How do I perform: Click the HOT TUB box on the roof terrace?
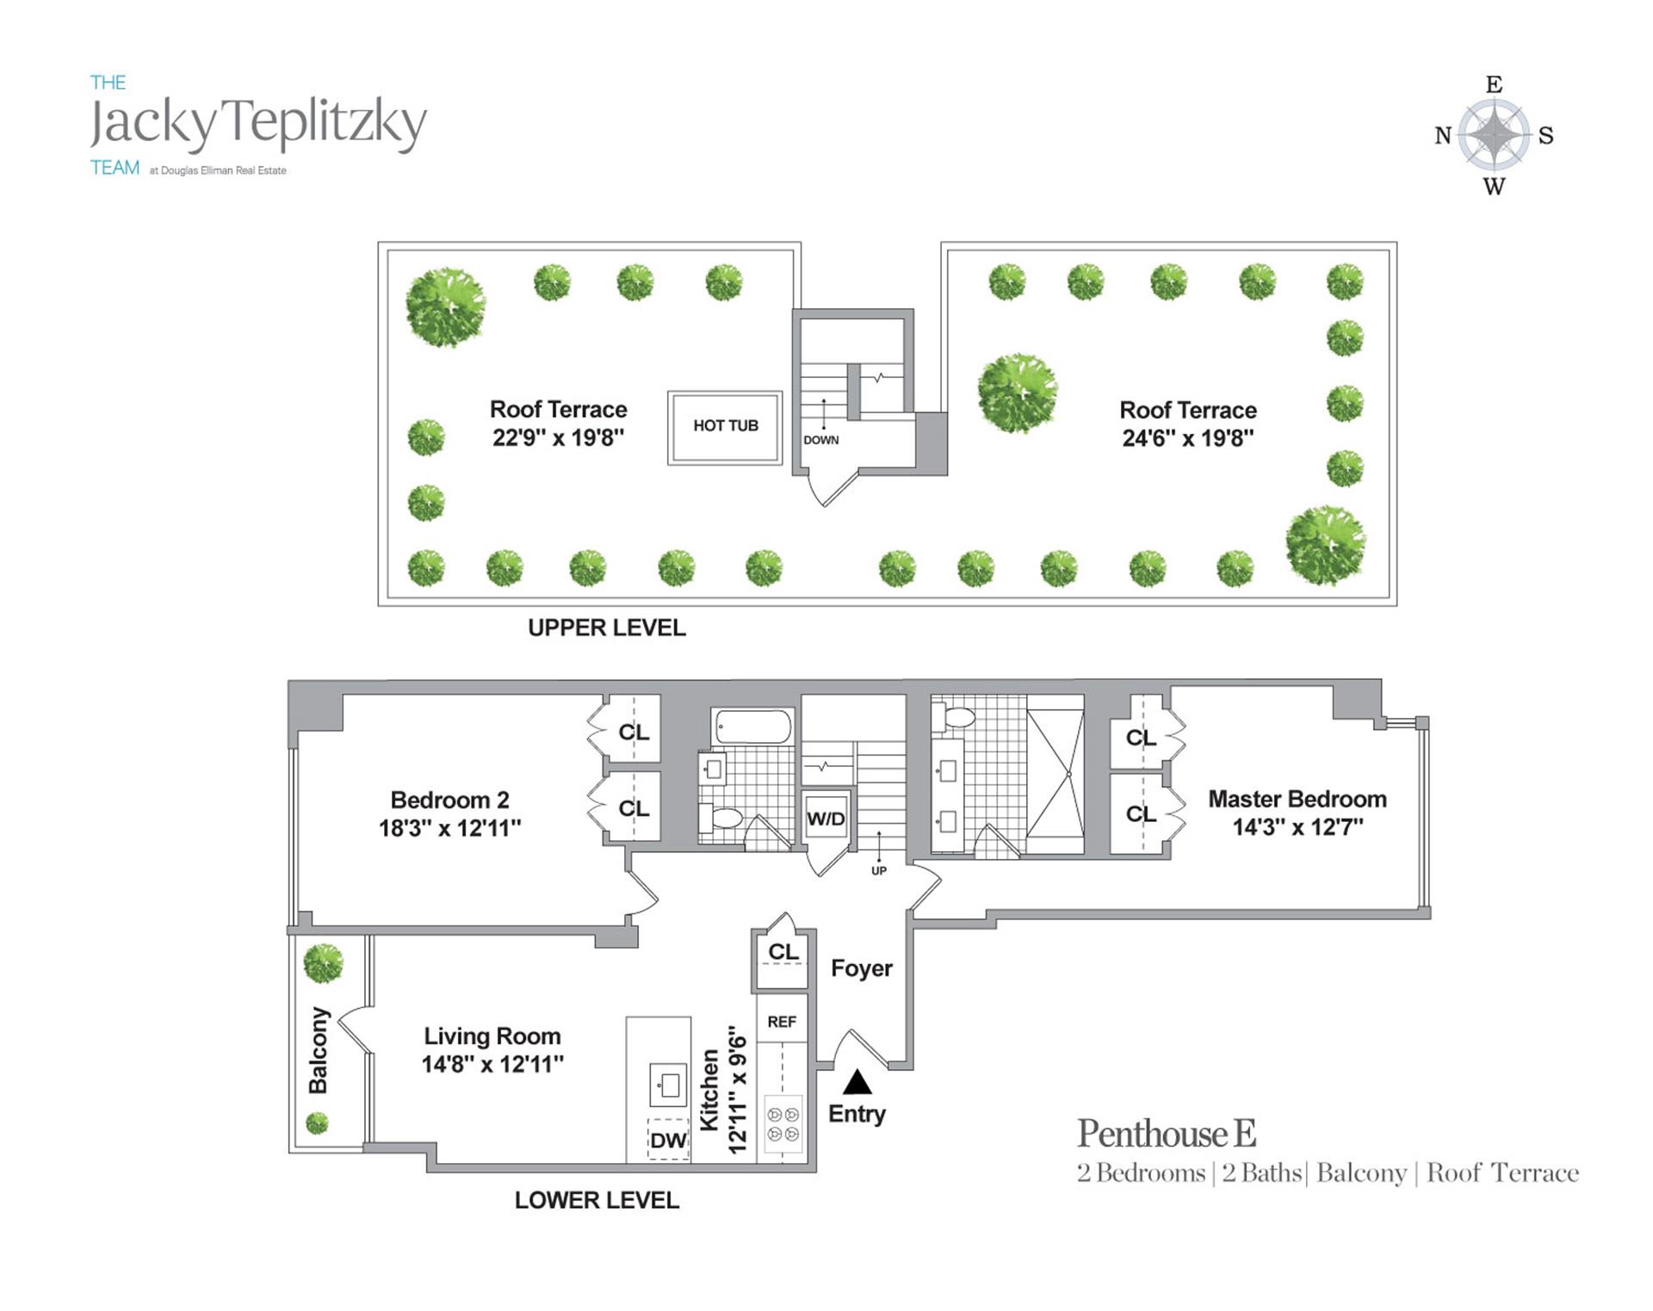tap(725, 428)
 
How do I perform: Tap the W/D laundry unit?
tap(826, 819)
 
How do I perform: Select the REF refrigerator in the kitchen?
tap(782, 1022)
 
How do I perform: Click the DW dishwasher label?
tap(668, 1141)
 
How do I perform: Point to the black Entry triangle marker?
tap(857, 1082)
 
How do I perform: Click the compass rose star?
tap(1495, 135)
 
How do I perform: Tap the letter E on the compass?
tap(1495, 84)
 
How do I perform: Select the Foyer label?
tap(861, 968)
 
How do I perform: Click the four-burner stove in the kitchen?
tap(783, 1124)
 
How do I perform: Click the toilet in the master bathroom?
tap(957, 716)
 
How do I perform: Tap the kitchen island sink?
tap(668, 1085)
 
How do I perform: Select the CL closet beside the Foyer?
tap(783, 952)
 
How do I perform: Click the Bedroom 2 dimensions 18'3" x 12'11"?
tap(449, 828)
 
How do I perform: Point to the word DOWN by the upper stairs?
tap(821, 440)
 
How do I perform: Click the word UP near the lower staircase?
tap(878, 870)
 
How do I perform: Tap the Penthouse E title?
tap(1167, 1134)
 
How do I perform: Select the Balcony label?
tap(319, 1050)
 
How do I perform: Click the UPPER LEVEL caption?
tap(607, 628)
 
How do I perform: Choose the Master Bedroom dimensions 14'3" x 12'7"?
tap(1297, 827)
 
